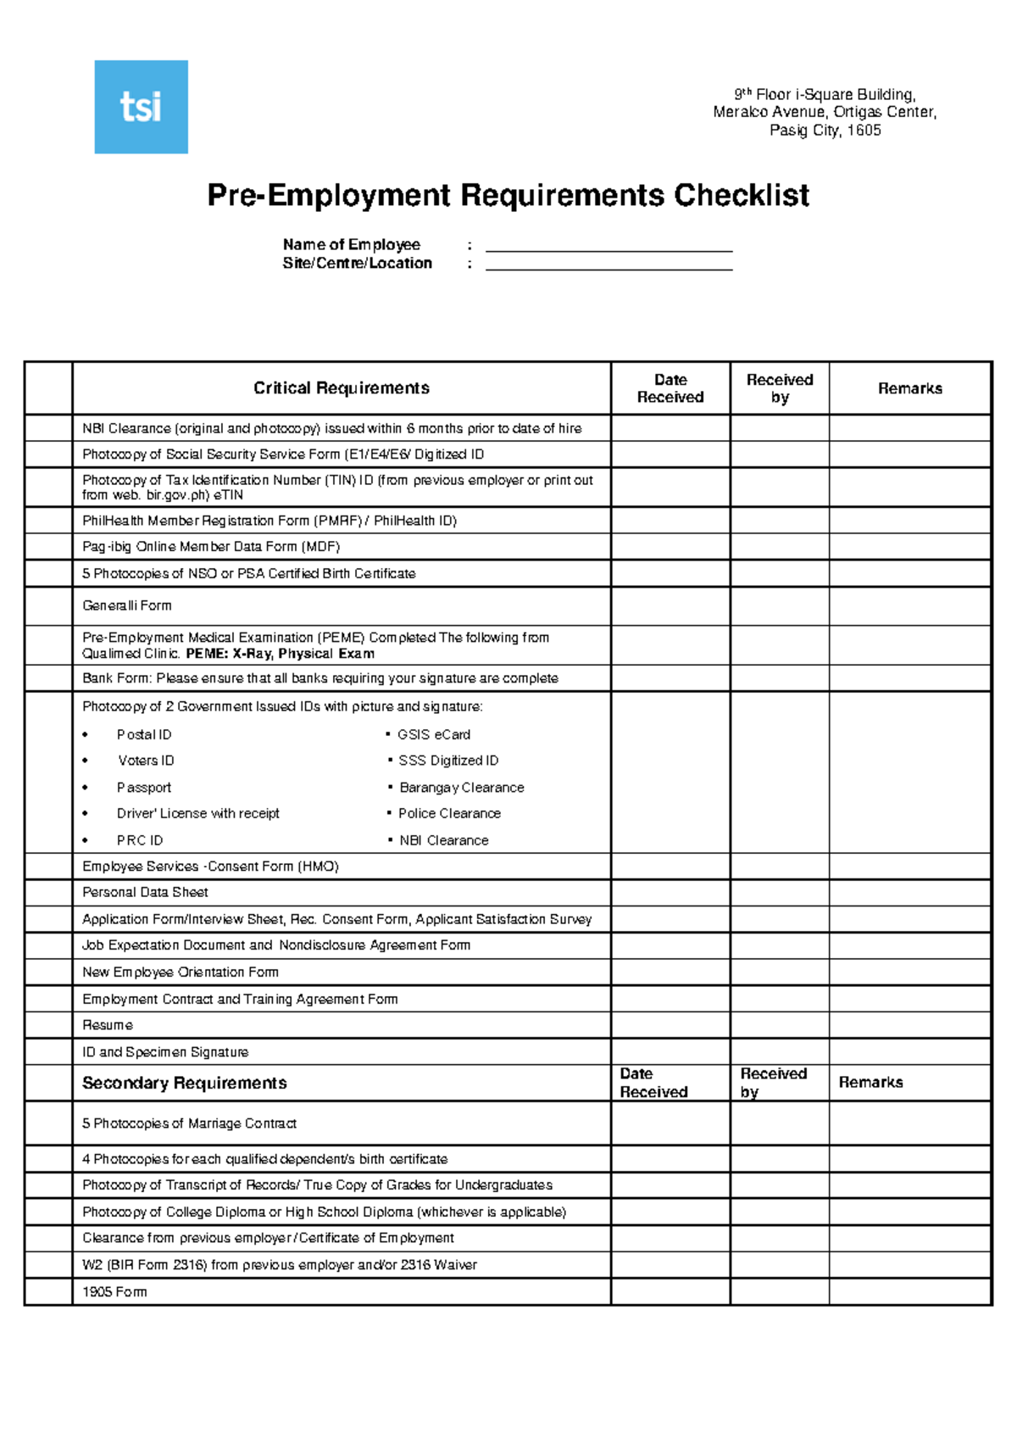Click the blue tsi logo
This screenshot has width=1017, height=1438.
tap(141, 107)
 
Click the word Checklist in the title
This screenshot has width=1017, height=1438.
tap(742, 196)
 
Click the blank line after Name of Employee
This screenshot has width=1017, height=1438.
tap(609, 245)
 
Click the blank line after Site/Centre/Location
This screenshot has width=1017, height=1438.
tap(609, 264)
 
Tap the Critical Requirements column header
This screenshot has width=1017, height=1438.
tap(341, 388)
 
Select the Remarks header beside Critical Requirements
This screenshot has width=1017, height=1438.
tap(909, 388)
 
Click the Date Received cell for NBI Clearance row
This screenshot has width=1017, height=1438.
tap(670, 428)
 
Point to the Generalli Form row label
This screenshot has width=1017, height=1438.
tap(127, 605)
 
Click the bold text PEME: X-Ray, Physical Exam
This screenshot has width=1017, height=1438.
tap(280, 654)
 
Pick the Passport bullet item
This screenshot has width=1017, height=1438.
tap(144, 788)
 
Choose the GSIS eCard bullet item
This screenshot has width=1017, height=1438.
tap(433, 735)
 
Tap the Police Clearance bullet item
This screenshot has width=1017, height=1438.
tap(449, 813)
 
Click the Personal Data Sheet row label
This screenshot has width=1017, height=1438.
tap(145, 892)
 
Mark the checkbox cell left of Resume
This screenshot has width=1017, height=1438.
tap(48, 1025)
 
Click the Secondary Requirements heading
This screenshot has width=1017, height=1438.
tap(184, 1083)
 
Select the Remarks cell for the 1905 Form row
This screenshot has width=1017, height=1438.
tap(909, 1291)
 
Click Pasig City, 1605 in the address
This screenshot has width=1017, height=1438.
tap(825, 131)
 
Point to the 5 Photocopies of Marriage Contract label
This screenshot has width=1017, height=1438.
tap(189, 1123)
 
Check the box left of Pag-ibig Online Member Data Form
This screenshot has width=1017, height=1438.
tap(48, 547)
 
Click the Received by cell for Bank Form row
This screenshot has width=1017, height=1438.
tap(779, 678)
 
